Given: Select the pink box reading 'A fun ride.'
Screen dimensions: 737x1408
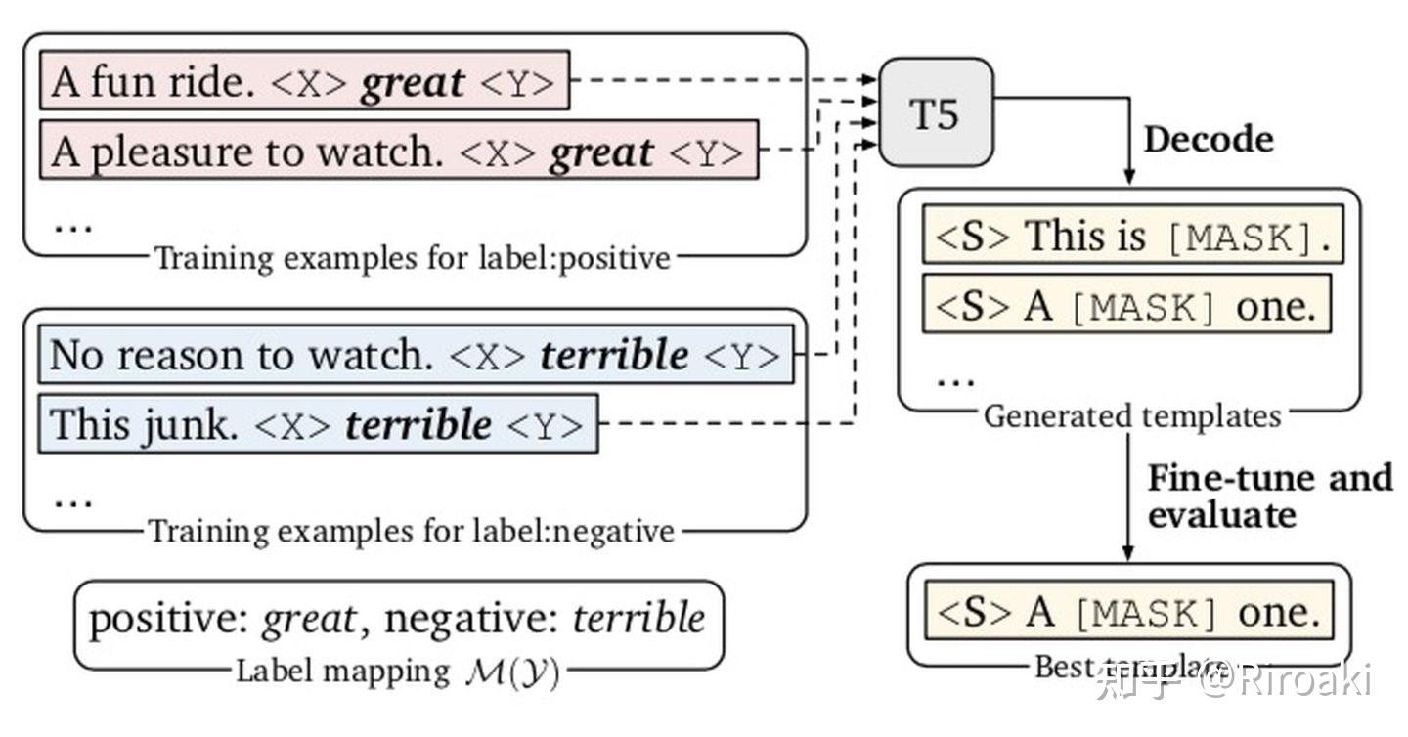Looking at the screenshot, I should click(x=303, y=81).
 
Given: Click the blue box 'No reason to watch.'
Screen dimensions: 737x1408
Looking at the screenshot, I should click(x=415, y=355).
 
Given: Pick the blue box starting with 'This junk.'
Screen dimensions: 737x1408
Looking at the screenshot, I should click(x=317, y=424).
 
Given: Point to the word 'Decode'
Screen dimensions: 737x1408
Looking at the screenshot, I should click(x=1209, y=139).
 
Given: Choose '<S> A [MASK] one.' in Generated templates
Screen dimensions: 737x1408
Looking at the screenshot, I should click(x=1126, y=306).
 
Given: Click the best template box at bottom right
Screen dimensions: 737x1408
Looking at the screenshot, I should click(x=1128, y=612).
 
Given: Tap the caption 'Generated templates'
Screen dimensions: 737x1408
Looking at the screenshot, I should click(x=1131, y=416).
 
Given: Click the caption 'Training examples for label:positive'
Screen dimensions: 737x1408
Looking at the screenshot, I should click(x=413, y=258).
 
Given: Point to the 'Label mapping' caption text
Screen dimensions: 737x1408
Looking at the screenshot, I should click(x=341, y=672).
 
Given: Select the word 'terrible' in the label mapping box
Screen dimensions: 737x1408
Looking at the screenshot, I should click(x=638, y=619).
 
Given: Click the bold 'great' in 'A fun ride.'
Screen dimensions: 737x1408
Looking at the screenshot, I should click(x=413, y=82).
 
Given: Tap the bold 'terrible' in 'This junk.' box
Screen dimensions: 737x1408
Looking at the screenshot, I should click(x=419, y=425).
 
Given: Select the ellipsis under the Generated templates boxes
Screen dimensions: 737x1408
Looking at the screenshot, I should click(x=955, y=379).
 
